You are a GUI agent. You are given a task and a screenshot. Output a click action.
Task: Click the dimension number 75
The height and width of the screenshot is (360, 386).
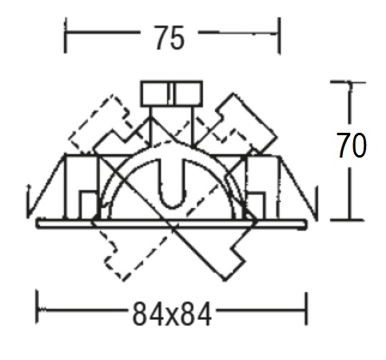169,38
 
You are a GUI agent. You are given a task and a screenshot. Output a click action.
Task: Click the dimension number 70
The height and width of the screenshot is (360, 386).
352,146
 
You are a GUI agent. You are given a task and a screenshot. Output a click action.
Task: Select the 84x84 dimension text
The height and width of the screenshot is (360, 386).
172,314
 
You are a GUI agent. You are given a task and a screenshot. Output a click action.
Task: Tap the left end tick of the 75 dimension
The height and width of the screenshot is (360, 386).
66,35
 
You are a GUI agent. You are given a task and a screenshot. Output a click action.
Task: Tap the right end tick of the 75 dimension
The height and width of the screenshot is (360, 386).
279,36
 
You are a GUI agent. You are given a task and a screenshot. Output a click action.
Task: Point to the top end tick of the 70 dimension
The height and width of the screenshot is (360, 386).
348,82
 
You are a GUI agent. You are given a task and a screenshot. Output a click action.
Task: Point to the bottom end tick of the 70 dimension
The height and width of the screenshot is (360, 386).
347,220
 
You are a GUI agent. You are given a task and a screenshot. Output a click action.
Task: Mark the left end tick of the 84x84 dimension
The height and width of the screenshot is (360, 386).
38,307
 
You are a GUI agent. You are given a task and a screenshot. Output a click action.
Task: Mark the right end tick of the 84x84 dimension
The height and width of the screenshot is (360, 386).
306,309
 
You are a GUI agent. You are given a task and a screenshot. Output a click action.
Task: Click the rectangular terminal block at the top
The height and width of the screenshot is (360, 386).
172,94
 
